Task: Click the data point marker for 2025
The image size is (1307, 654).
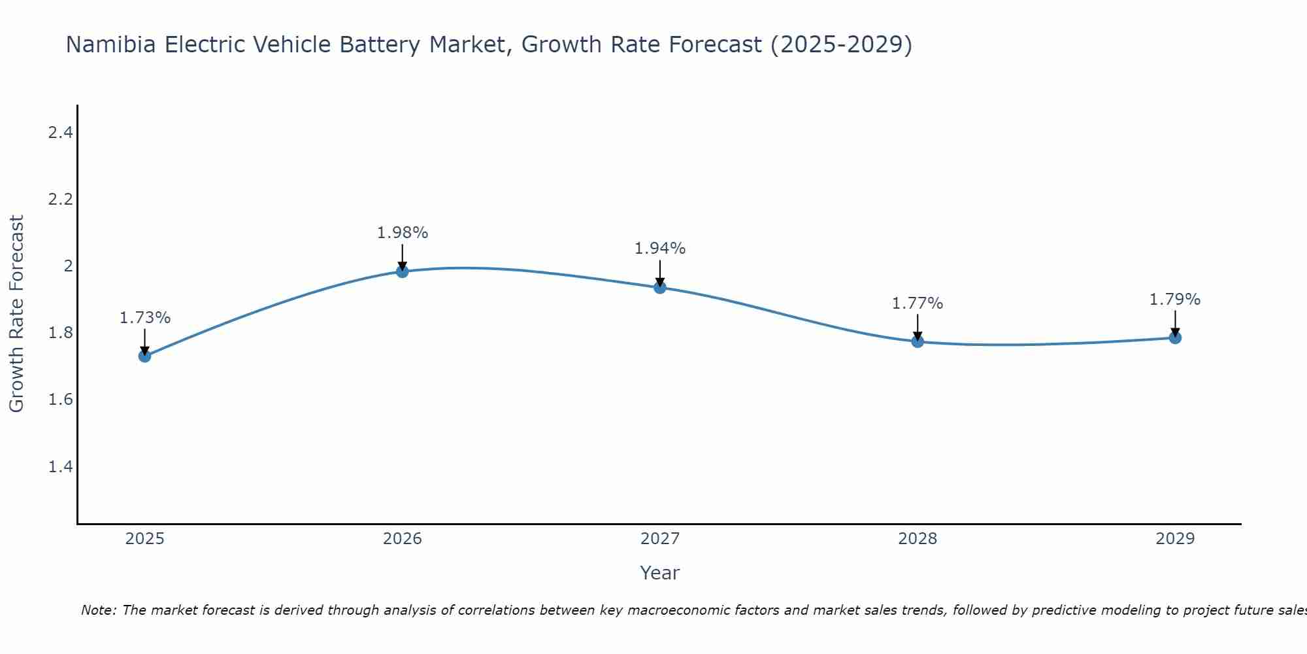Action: click(144, 356)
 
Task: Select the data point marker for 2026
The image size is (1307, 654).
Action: click(402, 271)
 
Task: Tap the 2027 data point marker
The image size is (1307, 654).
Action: click(659, 287)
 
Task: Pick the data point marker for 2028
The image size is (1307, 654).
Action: click(918, 341)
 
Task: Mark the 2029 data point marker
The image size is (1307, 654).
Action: click(1175, 337)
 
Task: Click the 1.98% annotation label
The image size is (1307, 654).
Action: click(402, 233)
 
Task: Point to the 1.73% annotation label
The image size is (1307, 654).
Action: click(144, 318)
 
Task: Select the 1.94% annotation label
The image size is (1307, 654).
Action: click(659, 249)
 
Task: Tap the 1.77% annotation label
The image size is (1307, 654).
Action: click(918, 303)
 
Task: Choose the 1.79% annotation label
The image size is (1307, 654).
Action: click(1175, 300)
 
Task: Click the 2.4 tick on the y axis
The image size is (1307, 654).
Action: click(60, 133)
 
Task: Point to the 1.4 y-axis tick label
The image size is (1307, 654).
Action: click(60, 466)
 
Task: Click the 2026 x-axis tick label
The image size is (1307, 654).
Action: click(402, 539)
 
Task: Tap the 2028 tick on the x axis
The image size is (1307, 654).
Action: click(918, 539)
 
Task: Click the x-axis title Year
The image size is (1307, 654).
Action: click(659, 573)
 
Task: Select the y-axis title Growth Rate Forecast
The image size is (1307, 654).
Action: click(16, 314)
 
